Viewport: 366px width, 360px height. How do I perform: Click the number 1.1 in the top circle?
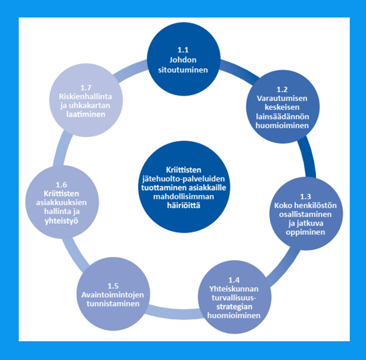pyautogui.click(x=183, y=50)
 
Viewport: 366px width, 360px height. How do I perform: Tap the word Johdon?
pyautogui.click(x=183, y=60)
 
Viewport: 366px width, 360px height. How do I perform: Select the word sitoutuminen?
pyautogui.click(x=183, y=70)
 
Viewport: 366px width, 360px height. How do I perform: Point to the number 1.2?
pyautogui.click(x=282, y=89)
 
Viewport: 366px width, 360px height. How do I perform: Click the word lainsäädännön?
pyautogui.click(x=282, y=116)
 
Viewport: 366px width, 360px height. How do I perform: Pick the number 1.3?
pyautogui.click(x=305, y=197)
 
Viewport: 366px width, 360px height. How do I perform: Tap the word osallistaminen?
pyautogui.click(x=305, y=214)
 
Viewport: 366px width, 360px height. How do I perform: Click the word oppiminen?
pyautogui.click(x=305, y=232)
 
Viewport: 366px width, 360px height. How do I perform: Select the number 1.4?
pyautogui.click(x=234, y=280)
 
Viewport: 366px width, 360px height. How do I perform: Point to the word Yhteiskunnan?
pyautogui.click(x=234, y=289)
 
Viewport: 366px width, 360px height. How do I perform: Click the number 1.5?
pyautogui.click(x=113, y=286)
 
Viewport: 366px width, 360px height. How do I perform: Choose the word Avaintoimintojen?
pyautogui.click(x=112, y=295)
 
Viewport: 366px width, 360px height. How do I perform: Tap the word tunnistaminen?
pyautogui.click(x=113, y=304)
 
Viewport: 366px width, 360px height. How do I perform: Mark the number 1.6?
pyautogui.click(x=61, y=185)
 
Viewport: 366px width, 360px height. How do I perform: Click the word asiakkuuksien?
pyautogui.click(x=61, y=202)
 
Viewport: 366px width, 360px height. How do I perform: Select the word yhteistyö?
pyautogui.click(x=61, y=221)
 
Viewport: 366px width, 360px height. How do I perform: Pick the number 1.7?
pyautogui.click(x=86, y=88)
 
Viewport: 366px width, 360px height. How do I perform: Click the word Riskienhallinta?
pyautogui.click(x=86, y=97)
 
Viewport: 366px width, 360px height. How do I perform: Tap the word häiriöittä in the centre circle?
pyautogui.click(x=184, y=206)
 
